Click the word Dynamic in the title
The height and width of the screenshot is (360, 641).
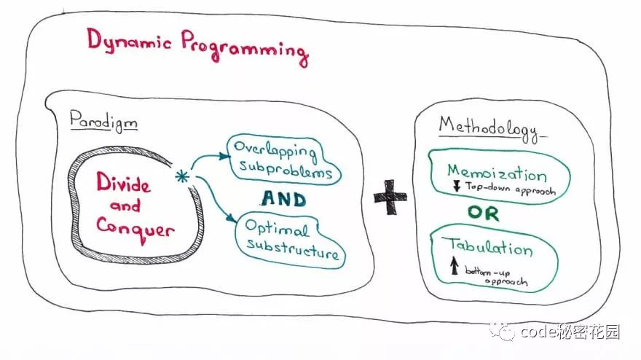(129, 42)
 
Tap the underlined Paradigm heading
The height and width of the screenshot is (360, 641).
(103, 122)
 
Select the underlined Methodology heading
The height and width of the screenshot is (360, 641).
(490, 129)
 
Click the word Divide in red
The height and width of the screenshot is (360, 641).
(123, 182)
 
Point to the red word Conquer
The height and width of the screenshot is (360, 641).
(135, 230)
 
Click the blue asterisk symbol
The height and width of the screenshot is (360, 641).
(182, 176)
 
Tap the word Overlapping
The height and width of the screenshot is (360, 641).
(275, 151)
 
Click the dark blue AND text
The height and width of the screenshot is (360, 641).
(283, 199)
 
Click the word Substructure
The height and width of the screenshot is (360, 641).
(293, 249)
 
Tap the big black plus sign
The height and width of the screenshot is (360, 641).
(390, 197)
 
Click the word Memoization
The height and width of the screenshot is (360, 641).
(497, 173)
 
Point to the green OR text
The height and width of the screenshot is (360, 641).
(484, 213)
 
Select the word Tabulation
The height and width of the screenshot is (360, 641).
(490, 247)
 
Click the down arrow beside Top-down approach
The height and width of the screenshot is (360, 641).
(457, 187)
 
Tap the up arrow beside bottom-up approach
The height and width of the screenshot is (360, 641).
(455, 265)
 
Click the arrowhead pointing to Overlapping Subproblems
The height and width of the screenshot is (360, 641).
(224, 156)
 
